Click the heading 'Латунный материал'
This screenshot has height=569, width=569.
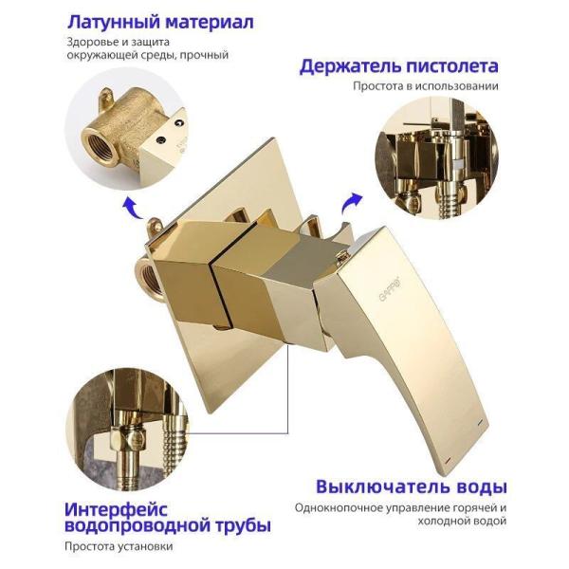tap(159, 22)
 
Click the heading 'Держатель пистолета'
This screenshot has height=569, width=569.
tap(398, 66)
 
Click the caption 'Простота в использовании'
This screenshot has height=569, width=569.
tap(426, 86)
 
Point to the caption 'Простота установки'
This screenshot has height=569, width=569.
tap(119, 546)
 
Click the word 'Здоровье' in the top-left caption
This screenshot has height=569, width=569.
tap(91, 42)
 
